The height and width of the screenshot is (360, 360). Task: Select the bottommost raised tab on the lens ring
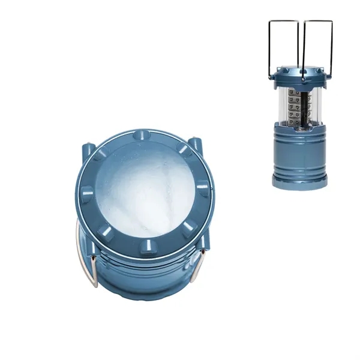pyautogui.click(x=146, y=246)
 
